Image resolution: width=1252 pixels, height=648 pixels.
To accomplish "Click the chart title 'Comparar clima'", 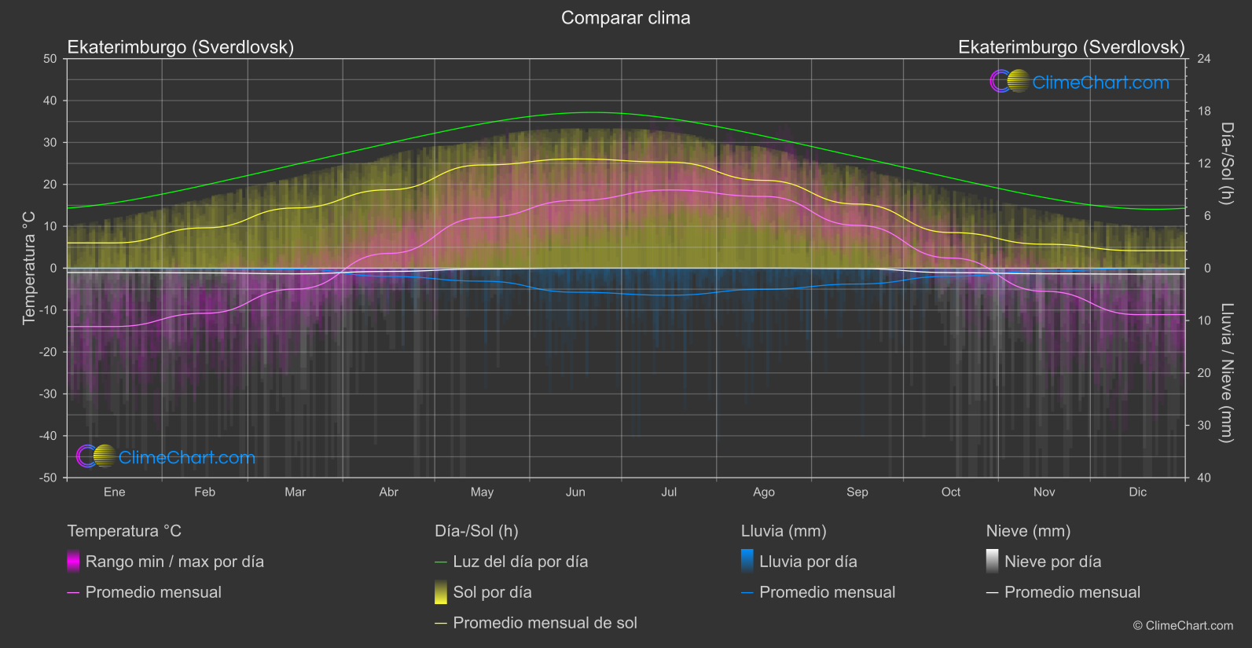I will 626,18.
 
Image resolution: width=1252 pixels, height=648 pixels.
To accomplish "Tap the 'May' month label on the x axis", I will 482,492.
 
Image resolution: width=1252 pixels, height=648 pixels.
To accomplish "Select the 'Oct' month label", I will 950,492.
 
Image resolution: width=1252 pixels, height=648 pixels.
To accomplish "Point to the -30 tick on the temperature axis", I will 49,394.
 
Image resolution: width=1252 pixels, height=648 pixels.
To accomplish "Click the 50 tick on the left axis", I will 50,59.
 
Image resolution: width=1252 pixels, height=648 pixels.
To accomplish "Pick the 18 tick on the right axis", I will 1204,112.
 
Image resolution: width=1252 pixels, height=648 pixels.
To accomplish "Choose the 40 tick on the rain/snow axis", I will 1204,478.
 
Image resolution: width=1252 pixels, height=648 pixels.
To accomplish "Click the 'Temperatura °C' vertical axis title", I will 29,268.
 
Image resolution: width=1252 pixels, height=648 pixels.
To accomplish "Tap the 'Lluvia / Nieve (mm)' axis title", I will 1226,373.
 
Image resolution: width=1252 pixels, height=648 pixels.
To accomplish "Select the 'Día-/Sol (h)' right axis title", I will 1226,163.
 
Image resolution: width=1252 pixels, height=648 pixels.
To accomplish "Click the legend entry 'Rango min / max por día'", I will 174,562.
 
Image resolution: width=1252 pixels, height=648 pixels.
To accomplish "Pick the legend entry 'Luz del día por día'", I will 520,562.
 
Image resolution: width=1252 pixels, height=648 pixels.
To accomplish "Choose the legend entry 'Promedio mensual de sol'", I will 545,623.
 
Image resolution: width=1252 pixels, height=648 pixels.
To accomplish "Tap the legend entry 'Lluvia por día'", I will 808,562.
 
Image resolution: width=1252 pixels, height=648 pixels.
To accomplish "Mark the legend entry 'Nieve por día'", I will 1052,562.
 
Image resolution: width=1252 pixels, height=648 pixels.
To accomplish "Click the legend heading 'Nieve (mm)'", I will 1028,531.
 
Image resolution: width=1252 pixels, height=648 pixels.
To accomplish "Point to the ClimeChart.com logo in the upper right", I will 1080,82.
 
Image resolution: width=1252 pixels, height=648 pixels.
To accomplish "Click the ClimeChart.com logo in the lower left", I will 166,457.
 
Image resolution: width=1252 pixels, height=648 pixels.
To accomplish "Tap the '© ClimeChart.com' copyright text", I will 1183,626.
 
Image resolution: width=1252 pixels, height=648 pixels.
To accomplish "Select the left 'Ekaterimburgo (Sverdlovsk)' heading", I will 181,47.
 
